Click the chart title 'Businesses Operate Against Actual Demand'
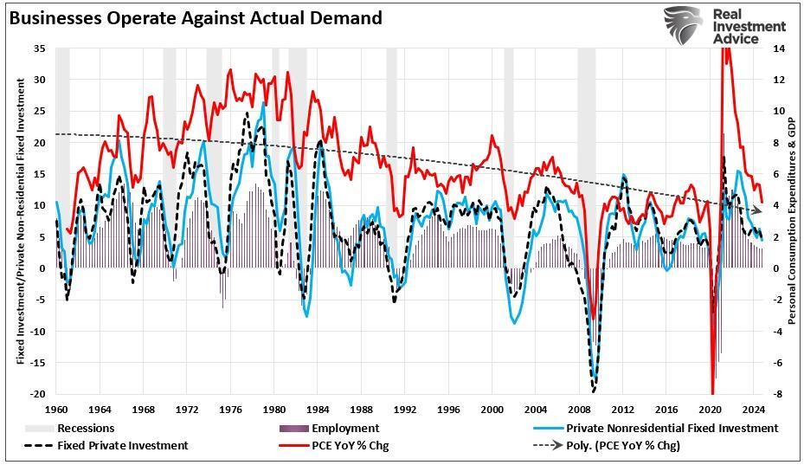(194, 17)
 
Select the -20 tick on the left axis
(38, 393)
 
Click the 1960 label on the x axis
(57, 409)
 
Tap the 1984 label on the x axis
(318, 409)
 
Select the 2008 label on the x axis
(579, 409)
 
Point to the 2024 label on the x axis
(753, 409)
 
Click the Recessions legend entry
(86, 428)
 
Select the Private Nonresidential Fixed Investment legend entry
(672, 428)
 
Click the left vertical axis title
(20, 221)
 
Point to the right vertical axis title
(793, 221)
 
